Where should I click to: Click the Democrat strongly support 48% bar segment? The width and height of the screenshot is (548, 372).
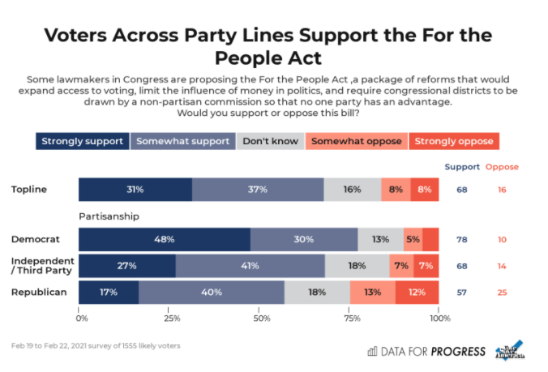[x=165, y=239]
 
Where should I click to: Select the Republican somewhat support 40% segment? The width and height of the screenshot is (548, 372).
[x=212, y=292]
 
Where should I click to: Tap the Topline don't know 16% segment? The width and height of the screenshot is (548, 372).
[x=352, y=189]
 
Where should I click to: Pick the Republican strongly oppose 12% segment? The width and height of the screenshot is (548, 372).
[x=417, y=292]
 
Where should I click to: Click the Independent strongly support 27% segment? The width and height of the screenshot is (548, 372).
[x=127, y=266]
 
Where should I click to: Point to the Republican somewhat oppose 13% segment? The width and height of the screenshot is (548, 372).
[x=373, y=292]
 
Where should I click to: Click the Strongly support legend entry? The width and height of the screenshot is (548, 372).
[x=82, y=141]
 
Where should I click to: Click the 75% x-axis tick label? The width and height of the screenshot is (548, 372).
[x=351, y=318]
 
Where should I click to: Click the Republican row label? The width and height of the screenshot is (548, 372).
[x=38, y=292]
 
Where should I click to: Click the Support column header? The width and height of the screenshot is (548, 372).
[x=461, y=167]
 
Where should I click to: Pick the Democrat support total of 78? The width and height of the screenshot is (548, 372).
[x=461, y=239]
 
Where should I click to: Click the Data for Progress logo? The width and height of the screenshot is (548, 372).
[x=426, y=351]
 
